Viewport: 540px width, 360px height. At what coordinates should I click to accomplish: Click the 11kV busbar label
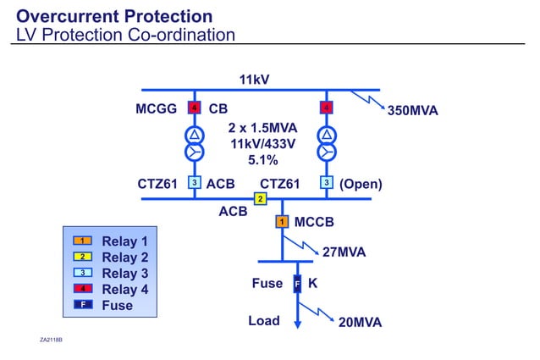pos(254,80)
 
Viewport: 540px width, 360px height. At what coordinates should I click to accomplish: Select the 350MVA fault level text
pos(412,111)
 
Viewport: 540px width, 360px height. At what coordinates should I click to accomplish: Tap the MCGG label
pos(156,109)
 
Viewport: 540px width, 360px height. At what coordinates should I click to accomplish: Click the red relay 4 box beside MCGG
pos(194,108)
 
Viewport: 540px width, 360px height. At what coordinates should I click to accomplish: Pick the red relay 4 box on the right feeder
pos(325,108)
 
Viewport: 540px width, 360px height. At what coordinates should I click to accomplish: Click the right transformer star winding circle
pos(325,152)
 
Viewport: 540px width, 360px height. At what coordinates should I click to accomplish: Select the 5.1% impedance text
pos(262,159)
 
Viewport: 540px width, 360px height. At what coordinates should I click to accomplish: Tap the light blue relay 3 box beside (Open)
pos(325,182)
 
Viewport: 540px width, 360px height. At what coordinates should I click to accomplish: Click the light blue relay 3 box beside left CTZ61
pos(194,182)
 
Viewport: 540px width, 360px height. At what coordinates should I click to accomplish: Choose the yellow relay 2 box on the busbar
pos(261,199)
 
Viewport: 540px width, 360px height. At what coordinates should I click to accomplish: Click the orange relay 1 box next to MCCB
pos(282,222)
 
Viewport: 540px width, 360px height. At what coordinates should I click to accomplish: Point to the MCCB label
pos(314,223)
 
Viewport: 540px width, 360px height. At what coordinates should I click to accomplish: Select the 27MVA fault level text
pos(344,252)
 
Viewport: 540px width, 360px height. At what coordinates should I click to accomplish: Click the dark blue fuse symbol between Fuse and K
pos(297,284)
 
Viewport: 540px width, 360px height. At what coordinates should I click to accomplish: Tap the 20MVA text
pos(360,323)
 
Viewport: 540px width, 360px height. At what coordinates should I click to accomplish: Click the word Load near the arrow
pos(263,321)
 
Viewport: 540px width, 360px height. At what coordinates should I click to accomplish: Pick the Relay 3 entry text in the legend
pos(124,273)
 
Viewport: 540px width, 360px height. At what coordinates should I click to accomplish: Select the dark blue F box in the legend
pos(84,304)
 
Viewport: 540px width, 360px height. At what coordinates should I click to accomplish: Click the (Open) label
pos(361,184)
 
